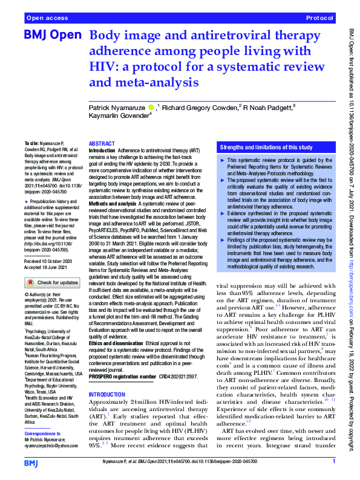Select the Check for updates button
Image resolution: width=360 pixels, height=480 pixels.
click(53, 282)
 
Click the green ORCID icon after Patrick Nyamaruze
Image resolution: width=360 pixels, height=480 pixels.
click(151, 107)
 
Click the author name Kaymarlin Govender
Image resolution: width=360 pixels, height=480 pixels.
click(117, 115)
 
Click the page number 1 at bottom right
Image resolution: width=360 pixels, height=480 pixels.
click(333, 461)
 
